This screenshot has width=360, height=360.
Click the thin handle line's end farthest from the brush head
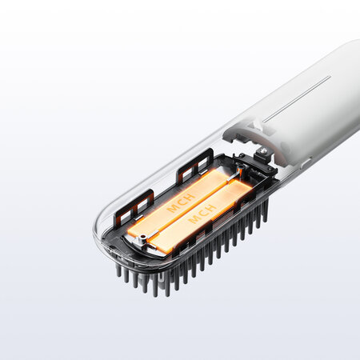(329, 78)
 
